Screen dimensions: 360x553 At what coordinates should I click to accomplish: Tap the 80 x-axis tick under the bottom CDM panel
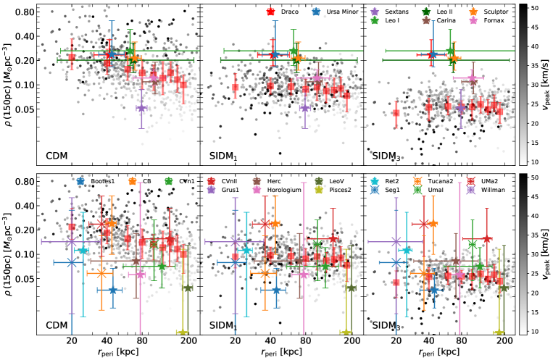click(142, 341)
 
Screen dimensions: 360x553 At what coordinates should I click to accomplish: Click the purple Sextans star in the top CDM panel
click(141, 108)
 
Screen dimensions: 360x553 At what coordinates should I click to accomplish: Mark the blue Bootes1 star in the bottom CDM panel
click(112, 290)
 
